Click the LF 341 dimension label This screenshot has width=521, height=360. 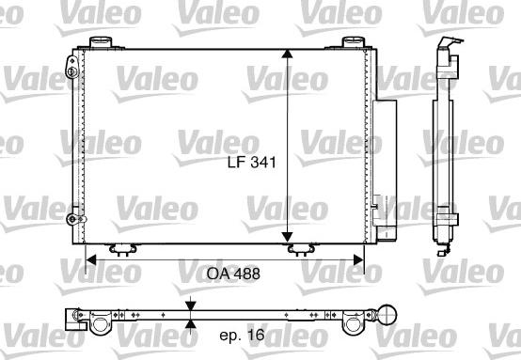tap(252, 162)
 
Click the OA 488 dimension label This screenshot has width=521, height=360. tap(233, 274)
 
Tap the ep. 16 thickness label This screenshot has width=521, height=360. tap(242, 335)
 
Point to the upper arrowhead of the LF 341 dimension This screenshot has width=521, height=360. tap(287, 55)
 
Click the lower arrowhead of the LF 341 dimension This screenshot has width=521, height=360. tap(287, 238)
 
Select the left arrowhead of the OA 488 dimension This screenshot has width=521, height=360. tap(90, 259)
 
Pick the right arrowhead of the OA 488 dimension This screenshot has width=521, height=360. tap(359, 259)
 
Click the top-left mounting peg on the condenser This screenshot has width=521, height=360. tap(101, 42)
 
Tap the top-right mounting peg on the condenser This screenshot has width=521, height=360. tap(354, 42)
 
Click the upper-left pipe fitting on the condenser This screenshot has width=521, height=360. tap(71, 67)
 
